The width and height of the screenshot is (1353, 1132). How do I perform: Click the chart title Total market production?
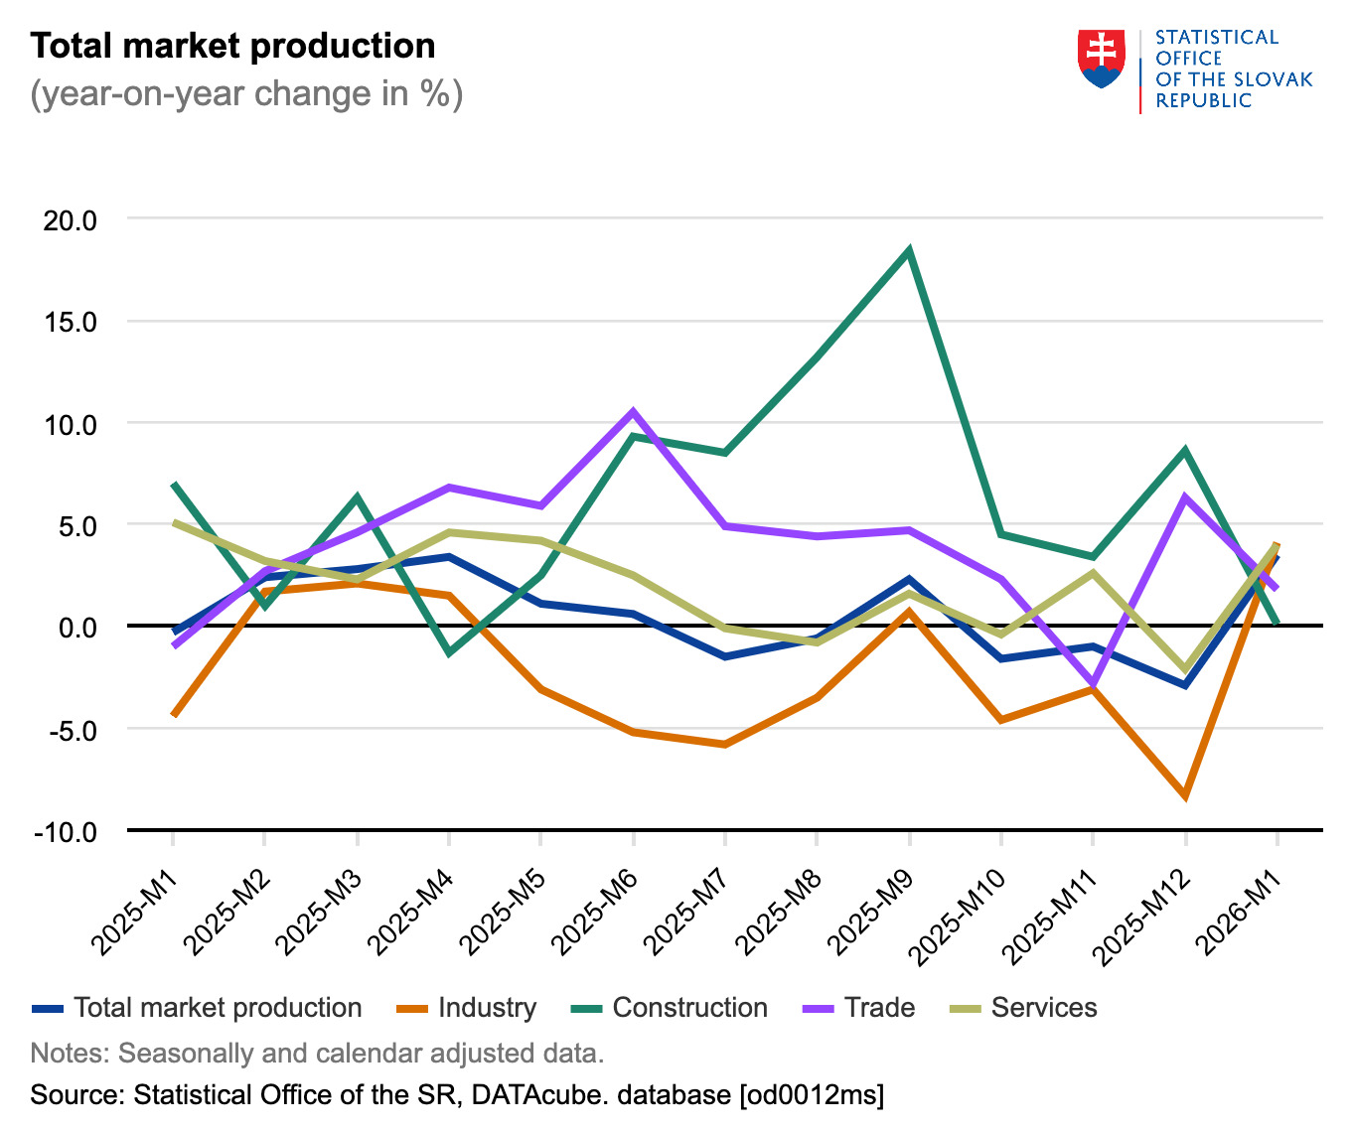(x=232, y=47)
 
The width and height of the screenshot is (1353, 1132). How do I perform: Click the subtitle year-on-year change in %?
(x=246, y=94)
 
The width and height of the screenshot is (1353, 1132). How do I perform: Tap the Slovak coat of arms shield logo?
(x=1101, y=59)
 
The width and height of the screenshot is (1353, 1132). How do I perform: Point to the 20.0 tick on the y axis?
(x=71, y=220)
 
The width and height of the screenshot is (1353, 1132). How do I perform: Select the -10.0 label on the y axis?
(x=66, y=832)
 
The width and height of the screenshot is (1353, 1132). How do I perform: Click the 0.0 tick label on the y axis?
(x=76, y=628)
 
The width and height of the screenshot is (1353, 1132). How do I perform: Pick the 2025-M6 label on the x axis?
(x=595, y=910)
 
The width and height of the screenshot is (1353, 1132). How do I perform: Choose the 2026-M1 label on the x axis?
(x=1238, y=910)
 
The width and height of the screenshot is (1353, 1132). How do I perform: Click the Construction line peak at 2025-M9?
(x=909, y=251)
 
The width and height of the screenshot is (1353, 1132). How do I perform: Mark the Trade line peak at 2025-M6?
(x=633, y=411)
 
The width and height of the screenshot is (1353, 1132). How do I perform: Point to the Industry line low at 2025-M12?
(x=1185, y=795)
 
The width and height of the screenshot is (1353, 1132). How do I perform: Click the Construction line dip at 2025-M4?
(x=449, y=652)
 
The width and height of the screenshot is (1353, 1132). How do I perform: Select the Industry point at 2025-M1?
(x=174, y=715)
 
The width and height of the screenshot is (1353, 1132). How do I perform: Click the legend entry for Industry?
(x=487, y=1008)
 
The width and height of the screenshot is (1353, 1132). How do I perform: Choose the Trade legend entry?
(x=879, y=1008)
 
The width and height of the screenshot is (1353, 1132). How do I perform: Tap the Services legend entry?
(x=1043, y=1008)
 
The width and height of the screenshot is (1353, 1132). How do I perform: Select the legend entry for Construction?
(x=689, y=1008)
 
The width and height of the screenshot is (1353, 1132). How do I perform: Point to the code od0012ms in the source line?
(x=809, y=1095)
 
